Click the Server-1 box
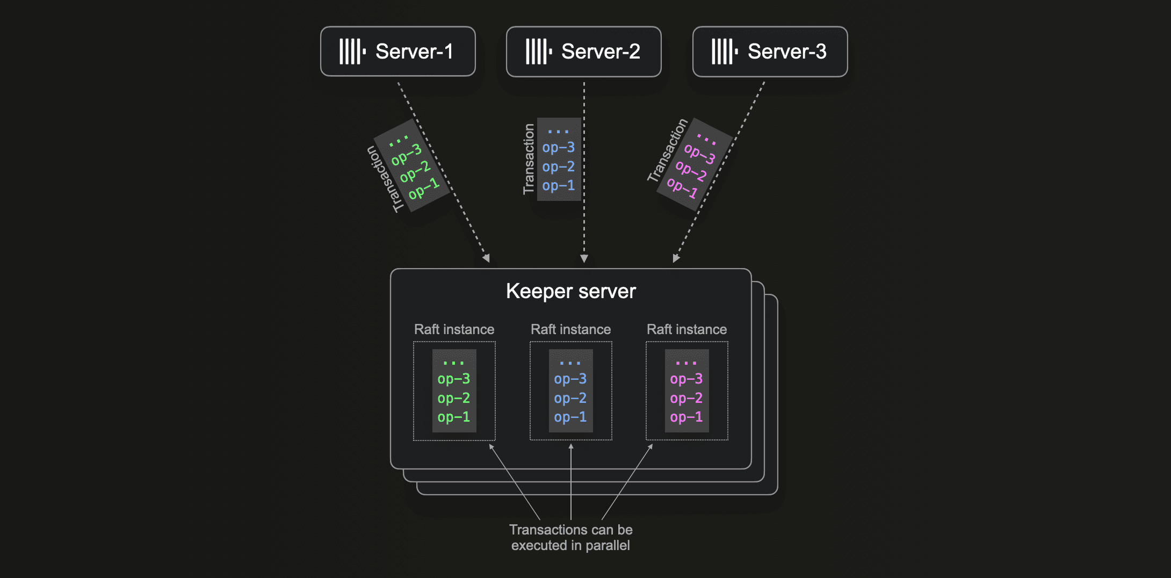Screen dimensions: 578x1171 [x=397, y=52]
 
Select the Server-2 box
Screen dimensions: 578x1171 [x=583, y=52]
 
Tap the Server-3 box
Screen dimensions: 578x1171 [x=770, y=52]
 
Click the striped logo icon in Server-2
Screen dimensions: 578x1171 [x=539, y=52]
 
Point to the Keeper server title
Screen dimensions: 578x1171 [x=570, y=291]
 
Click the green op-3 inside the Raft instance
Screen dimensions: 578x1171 [x=454, y=379]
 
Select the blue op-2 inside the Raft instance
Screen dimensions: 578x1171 [x=570, y=399]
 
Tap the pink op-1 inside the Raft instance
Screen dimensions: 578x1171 [x=686, y=417]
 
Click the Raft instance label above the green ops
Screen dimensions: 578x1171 [x=454, y=329]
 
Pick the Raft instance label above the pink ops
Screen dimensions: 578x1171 [x=686, y=329]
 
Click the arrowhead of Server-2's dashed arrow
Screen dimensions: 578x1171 [x=584, y=259]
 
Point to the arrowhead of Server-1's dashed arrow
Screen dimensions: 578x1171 [x=487, y=258]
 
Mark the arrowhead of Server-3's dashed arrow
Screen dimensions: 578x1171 [x=676, y=258]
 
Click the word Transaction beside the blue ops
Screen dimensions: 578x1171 [x=529, y=159]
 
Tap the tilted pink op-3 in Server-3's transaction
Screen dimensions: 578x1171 [x=700, y=154]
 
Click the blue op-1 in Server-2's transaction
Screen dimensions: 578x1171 [x=559, y=186]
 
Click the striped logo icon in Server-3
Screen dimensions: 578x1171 [x=725, y=52]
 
